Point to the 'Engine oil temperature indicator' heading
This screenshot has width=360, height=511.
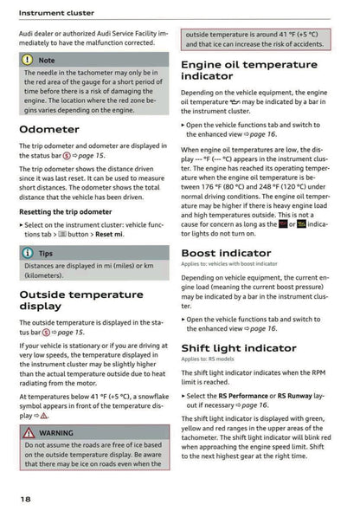pos(248,70)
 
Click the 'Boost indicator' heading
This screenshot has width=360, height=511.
pos(226,253)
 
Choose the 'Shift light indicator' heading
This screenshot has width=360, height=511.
pos(238,347)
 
